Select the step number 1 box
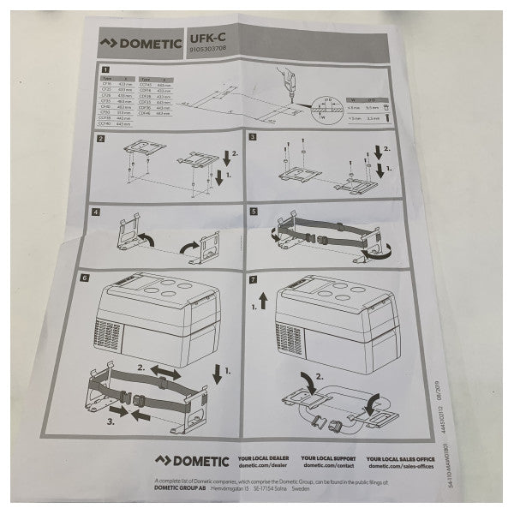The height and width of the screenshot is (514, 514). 105,70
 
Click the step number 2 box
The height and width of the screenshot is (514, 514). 101,138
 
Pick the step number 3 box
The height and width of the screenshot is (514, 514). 254,137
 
